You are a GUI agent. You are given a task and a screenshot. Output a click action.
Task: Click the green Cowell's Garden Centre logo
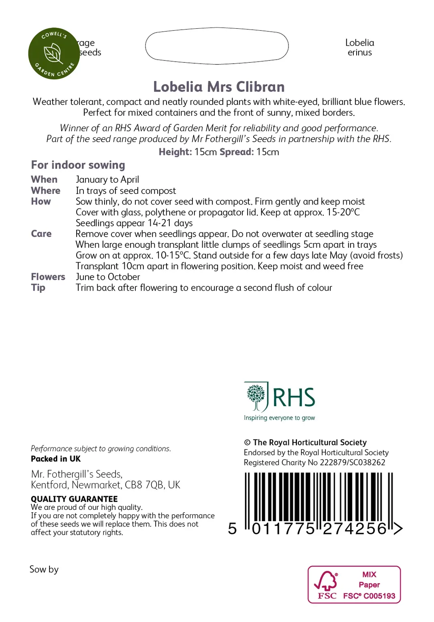(x=54, y=53)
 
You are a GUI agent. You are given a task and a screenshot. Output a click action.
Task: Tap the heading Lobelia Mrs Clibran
(x=219, y=87)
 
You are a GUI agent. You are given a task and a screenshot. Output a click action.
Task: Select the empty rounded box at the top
(x=217, y=46)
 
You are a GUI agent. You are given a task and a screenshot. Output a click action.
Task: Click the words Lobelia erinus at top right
(x=359, y=47)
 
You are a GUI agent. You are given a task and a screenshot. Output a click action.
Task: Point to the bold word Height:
(x=175, y=152)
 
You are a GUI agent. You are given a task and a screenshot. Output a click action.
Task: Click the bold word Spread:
(x=237, y=152)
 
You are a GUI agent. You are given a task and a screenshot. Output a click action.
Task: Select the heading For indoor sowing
(x=78, y=165)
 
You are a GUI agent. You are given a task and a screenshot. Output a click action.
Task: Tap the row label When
(x=44, y=179)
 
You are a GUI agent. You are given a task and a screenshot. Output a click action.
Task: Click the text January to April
(x=107, y=179)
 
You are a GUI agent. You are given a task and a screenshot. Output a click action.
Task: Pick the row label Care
(x=41, y=234)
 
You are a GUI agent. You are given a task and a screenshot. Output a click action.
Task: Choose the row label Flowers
(x=48, y=277)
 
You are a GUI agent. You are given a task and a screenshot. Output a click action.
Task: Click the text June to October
(x=108, y=277)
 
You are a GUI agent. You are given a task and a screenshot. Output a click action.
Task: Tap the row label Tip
(x=38, y=288)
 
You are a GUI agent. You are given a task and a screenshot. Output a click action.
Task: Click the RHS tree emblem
(x=256, y=396)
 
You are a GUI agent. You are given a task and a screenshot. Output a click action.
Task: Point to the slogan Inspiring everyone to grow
(x=279, y=418)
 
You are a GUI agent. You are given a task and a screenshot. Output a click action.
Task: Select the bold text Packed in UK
(x=56, y=459)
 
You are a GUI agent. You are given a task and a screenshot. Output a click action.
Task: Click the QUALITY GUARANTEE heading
(x=74, y=499)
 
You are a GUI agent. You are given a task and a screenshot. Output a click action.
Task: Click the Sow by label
(x=44, y=569)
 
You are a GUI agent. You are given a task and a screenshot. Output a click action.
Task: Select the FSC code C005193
(x=379, y=596)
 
